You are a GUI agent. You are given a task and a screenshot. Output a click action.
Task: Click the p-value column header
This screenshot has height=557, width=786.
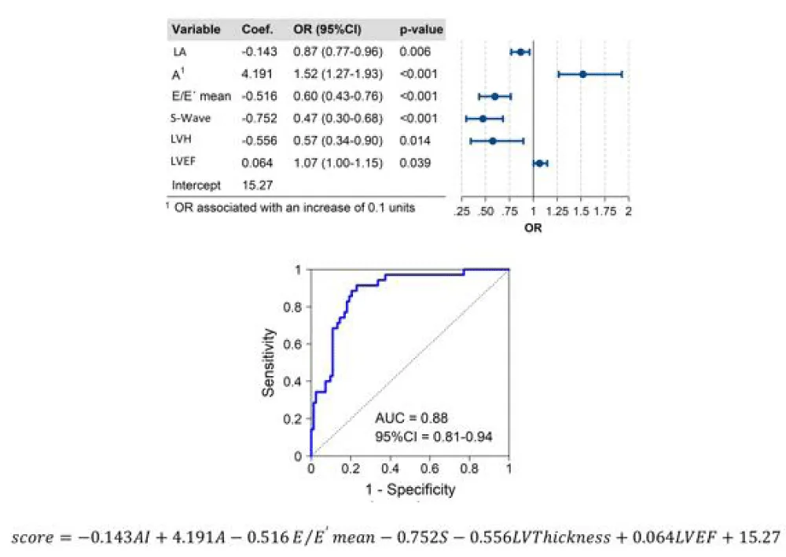[421, 30]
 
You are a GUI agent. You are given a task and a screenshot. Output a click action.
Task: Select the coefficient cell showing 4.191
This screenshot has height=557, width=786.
[257, 74]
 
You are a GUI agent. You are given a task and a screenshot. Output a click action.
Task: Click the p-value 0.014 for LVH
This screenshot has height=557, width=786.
[414, 141]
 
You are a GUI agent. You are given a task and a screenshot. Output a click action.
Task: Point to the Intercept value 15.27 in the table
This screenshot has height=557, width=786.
[257, 186]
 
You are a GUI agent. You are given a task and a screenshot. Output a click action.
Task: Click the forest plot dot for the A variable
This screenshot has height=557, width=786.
[582, 74]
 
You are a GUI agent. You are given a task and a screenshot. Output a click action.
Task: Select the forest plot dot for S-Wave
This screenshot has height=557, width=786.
[483, 119]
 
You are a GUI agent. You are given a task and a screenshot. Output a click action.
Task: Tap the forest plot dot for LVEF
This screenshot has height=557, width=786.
[539, 164]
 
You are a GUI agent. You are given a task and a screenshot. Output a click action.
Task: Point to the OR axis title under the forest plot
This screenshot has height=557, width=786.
[533, 229]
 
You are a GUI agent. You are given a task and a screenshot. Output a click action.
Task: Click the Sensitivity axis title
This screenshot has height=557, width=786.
[270, 362]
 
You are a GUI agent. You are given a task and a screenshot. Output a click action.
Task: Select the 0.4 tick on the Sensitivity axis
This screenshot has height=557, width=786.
[297, 382]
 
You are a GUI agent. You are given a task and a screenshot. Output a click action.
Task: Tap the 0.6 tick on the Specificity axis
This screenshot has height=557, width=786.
[430, 470]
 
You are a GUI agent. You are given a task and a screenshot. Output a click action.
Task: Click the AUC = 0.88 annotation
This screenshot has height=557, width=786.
[413, 418]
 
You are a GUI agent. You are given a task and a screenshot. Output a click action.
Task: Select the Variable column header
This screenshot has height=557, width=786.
[196, 30]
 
